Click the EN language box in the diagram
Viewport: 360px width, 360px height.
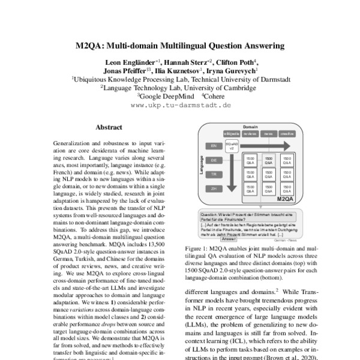(212, 145)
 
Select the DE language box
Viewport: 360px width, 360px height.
(212, 161)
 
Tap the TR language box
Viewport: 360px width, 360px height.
(212, 175)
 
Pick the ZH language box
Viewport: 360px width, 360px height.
(212, 188)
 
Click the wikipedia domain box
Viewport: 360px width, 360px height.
(232, 134)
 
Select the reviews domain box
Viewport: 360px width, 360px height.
(250, 134)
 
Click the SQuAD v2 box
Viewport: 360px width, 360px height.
(232, 146)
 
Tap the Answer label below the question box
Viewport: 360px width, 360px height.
(229, 239)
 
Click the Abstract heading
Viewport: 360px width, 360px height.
(109, 127)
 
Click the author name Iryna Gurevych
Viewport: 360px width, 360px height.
(232, 70)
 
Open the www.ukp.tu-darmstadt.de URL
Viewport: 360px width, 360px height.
(180, 104)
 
